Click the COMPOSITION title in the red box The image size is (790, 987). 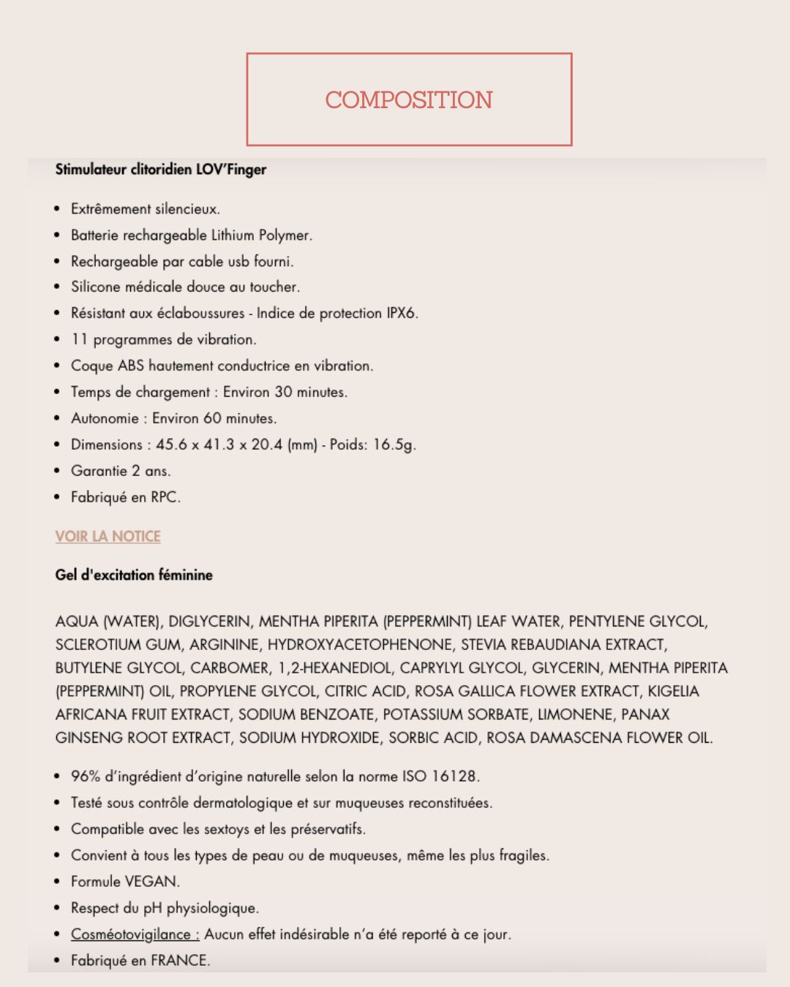pyautogui.click(x=409, y=99)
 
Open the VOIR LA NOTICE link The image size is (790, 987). pyautogui.click(x=108, y=536)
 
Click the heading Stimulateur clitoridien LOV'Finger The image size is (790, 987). pyautogui.click(x=160, y=170)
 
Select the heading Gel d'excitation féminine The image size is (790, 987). pyautogui.click(x=134, y=575)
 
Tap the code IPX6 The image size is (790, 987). pyautogui.click(x=401, y=313)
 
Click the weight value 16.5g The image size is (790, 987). pyautogui.click(x=394, y=445)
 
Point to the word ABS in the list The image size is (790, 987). pyautogui.click(x=131, y=366)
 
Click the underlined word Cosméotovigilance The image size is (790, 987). pyautogui.click(x=135, y=934)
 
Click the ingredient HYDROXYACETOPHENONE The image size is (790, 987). pyautogui.click(x=360, y=645)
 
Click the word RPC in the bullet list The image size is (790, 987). pyautogui.click(x=165, y=497)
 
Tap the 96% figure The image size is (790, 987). pyautogui.click(x=86, y=776)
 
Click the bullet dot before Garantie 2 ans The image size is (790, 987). pyautogui.click(x=57, y=471)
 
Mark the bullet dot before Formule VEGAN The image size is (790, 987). pyautogui.click(x=57, y=882)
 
